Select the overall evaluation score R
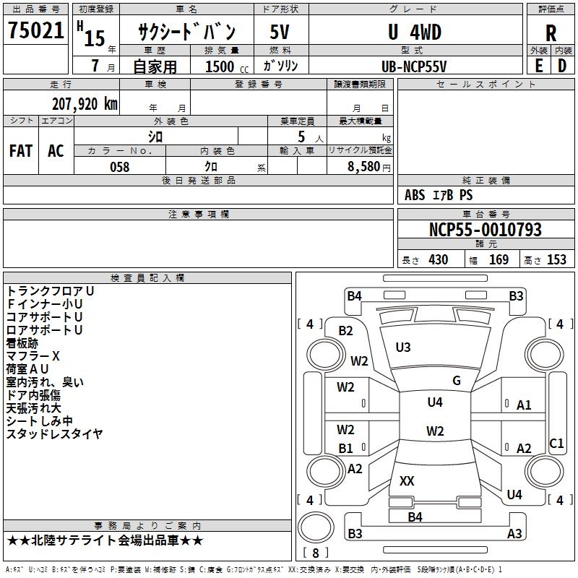coord(551,33)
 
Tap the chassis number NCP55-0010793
coord(485,230)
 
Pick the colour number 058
coord(119,167)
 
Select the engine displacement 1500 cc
coord(220,66)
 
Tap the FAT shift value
coord(21,150)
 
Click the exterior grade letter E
coord(538,65)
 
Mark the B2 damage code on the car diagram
coord(346,330)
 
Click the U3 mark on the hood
coord(403,348)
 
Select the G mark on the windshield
coord(457,380)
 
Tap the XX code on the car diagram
coord(407,480)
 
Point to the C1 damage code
coord(556,443)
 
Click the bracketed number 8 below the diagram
coord(315,553)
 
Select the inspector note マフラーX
coord(33,356)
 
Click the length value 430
coord(439,259)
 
